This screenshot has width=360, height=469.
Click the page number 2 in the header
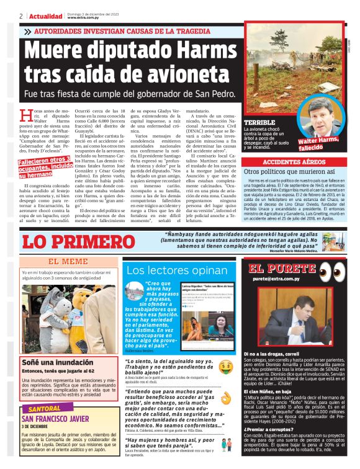(x=21, y=16)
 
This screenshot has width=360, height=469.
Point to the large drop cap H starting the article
(x=26, y=115)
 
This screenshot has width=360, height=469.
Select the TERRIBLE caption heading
(x=259, y=123)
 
